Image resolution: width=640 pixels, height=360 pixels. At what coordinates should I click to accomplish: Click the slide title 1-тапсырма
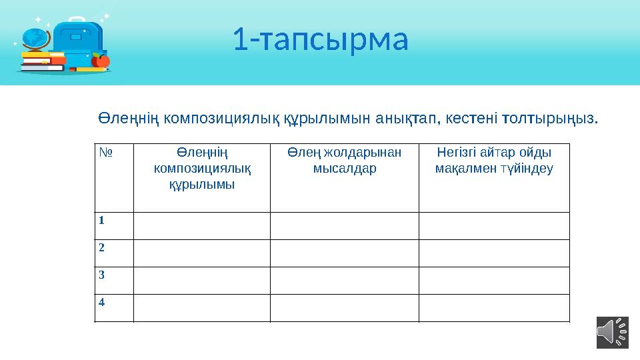pyautogui.click(x=320, y=40)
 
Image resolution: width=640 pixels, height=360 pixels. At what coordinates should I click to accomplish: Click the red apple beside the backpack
pyautogui.click(x=101, y=61)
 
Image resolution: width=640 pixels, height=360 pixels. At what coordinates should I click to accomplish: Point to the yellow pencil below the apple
pyautogui.click(x=90, y=69)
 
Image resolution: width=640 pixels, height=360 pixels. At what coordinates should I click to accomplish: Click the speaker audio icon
pyautogui.click(x=612, y=332)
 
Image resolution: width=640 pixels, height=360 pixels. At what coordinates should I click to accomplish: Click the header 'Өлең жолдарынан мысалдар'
pyautogui.click(x=344, y=160)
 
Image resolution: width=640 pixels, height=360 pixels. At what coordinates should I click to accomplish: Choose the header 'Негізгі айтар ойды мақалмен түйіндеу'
pyautogui.click(x=494, y=160)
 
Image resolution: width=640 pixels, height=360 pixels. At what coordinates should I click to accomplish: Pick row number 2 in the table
pyautogui.click(x=102, y=247)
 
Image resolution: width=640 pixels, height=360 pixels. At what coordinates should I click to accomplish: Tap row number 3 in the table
pyautogui.click(x=102, y=274)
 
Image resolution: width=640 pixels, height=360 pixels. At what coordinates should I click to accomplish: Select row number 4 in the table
pyautogui.click(x=102, y=301)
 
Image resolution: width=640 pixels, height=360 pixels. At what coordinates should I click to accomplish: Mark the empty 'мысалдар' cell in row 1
pyautogui.click(x=344, y=226)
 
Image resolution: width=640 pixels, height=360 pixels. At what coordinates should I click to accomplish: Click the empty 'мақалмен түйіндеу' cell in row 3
pyautogui.click(x=494, y=280)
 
